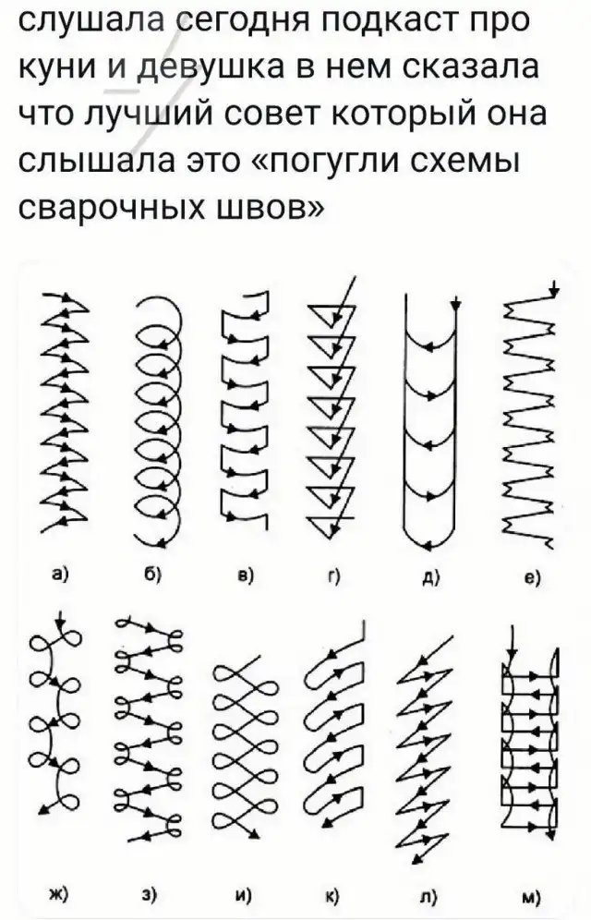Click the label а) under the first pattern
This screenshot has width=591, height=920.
[x=60, y=574]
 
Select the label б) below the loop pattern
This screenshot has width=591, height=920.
[x=152, y=574]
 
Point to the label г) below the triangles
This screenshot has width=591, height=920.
[x=336, y=575]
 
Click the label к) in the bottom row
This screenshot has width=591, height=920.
[x=333, y=895]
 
